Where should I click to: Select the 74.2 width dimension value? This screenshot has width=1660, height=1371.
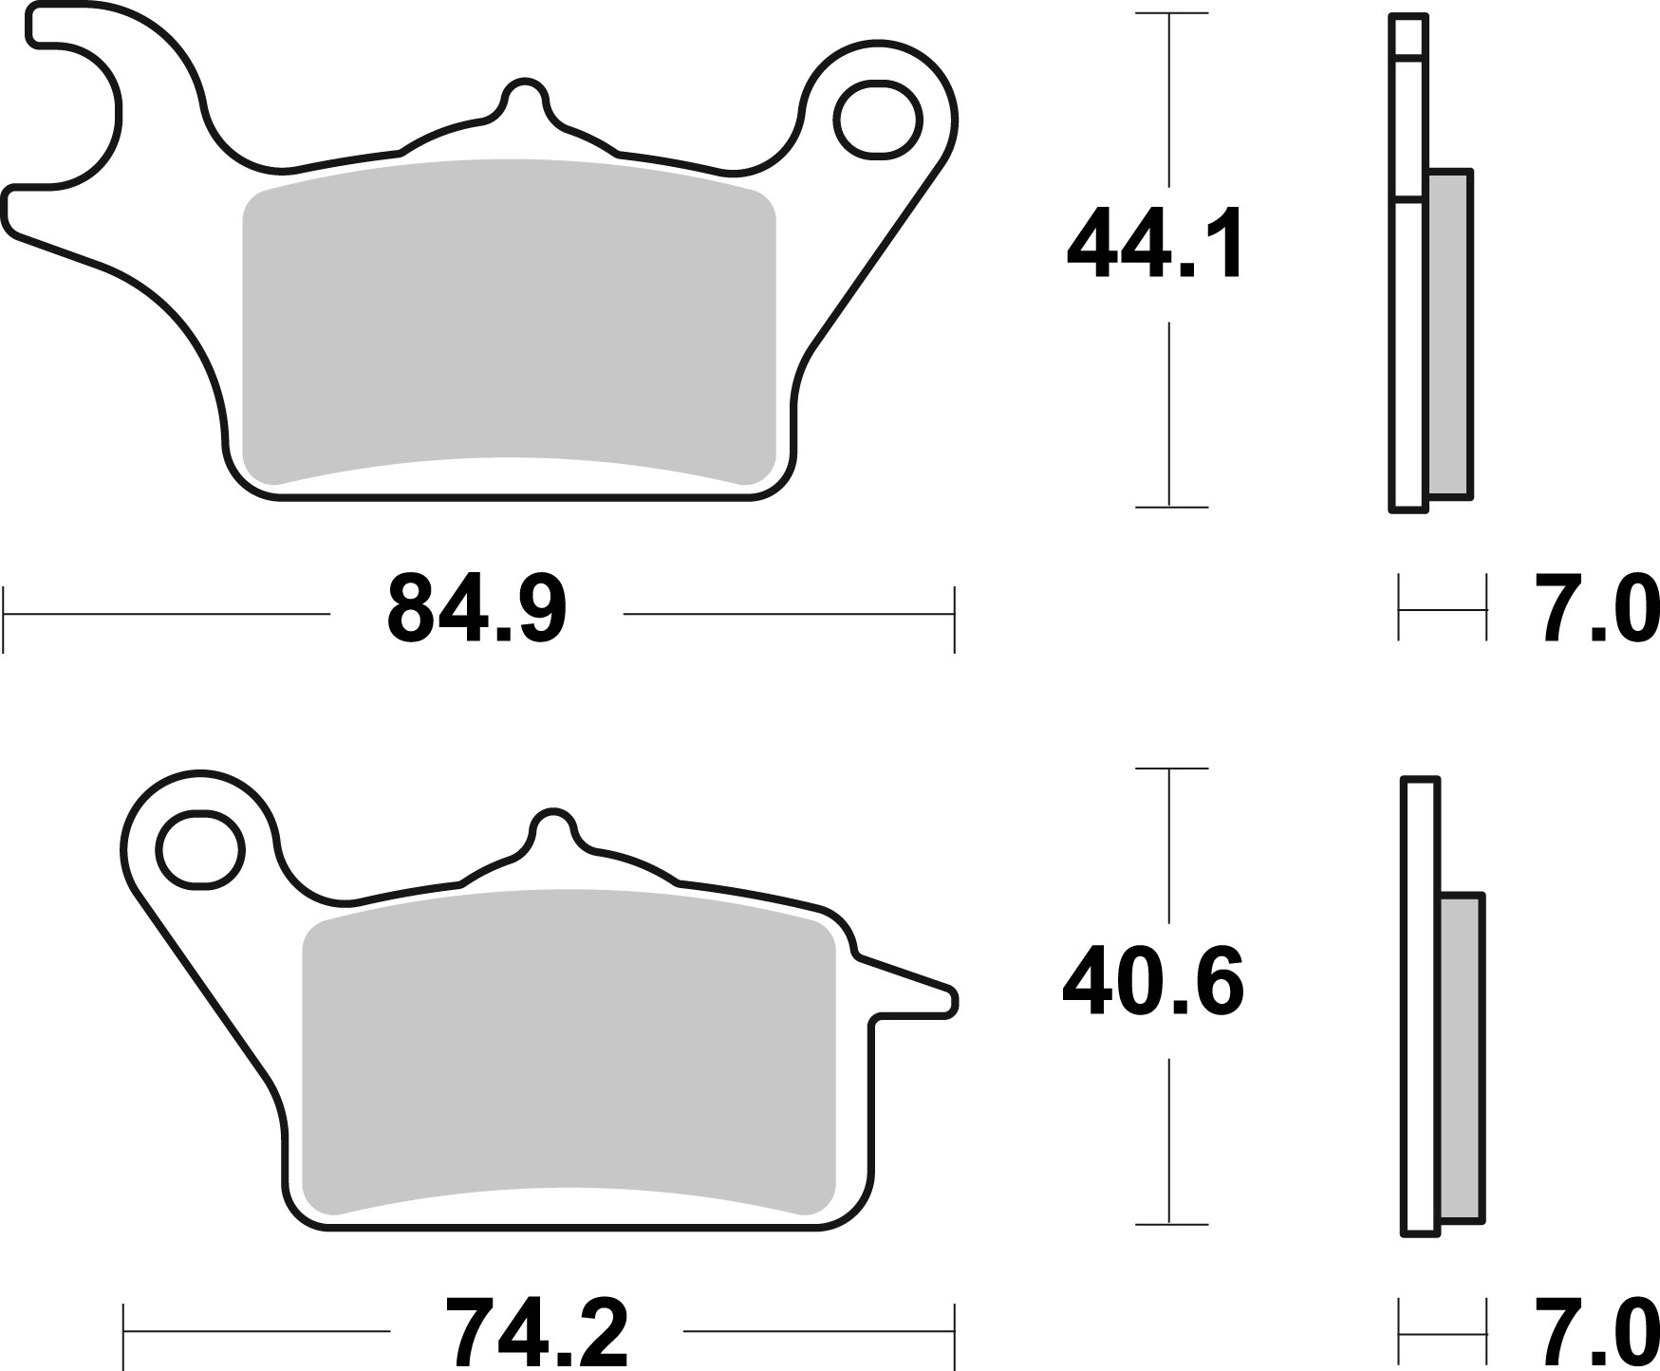(536, 1332)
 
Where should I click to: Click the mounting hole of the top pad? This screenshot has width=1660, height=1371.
(878, 120)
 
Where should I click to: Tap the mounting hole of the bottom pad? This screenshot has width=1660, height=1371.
(199, 849)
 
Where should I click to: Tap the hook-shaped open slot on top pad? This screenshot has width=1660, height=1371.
(71, 114)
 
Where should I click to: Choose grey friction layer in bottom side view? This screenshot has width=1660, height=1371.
(1462, 1058)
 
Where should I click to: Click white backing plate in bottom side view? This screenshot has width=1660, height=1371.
(1421, 1006)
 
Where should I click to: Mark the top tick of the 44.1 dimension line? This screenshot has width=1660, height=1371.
(1170, 14)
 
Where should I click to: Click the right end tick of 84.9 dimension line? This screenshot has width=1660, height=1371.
(954, 619)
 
